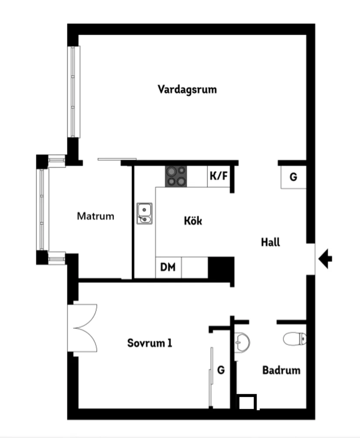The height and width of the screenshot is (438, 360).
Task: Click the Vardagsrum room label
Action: click(x=187, y=90)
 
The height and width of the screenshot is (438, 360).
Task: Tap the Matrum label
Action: click(x=96, y=216)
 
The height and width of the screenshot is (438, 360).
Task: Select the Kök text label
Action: click(x=193, y=221)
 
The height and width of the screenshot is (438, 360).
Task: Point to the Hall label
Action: click(x=271, y=242)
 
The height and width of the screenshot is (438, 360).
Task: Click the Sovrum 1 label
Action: click(x=150, y=343)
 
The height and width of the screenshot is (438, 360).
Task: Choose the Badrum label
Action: click(x=281, y=370)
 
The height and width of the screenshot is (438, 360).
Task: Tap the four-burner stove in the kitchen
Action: click(x=176, y=176)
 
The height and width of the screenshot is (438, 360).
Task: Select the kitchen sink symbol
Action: click(x=144, y=213)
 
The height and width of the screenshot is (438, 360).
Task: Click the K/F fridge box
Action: click(x=218, y=176)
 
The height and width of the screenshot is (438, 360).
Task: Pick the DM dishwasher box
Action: click(x=168, y=267)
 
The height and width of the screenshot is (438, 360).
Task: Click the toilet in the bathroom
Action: click(x=295, y=338)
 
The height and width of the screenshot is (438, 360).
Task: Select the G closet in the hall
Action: click(x=293, y=177)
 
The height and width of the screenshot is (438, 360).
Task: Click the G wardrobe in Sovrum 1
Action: click(x=221, y=370)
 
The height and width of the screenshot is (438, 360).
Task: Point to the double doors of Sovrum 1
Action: click(x=83, y=328)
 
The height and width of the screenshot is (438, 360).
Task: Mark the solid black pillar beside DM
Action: click(x=221, y=267)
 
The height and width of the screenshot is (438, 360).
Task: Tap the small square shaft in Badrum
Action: click(x=247, y=402)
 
